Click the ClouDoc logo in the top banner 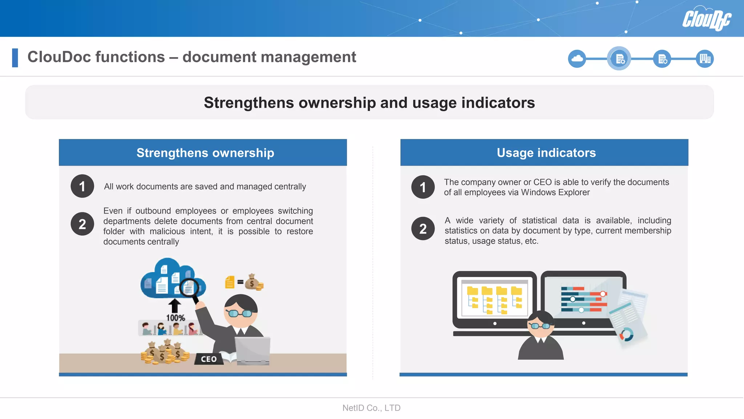point(706,19)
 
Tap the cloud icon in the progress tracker point(577,59)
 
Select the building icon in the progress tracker point(705,59)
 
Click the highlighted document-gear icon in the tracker point(619,59)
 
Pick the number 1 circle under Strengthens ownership point(82,186)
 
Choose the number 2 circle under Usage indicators point(423,229)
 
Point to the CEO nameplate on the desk point(209,359)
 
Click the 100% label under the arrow point(175,318)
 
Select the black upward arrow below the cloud point(175,305)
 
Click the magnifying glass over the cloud point(190,288)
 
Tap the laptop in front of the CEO point(253,351)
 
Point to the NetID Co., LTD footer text point(371,408)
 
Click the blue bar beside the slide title point(15,58)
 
